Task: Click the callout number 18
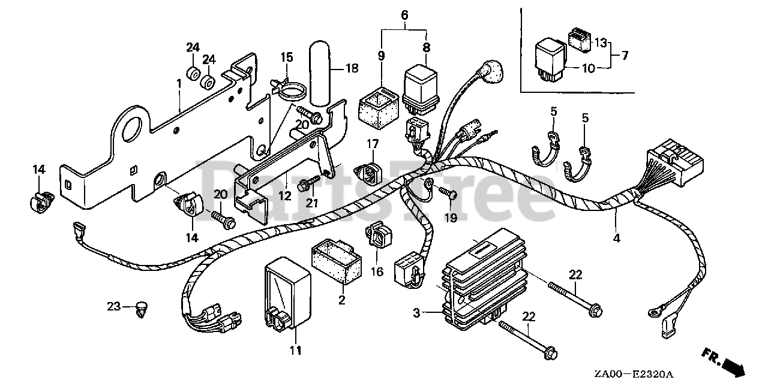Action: pos(352,68)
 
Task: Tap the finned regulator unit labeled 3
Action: pos(483,280)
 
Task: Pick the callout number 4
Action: pos(616,238)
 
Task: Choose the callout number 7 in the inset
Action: pos(625,56)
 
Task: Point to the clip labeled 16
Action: pos(377,235)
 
